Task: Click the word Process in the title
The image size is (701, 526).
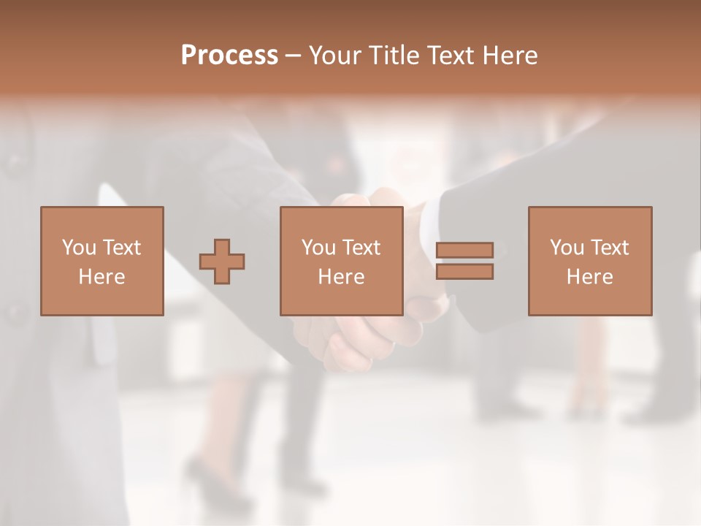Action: [229, 56]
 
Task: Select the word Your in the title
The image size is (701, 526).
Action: [335, 56]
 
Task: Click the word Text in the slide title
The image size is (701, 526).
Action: [452, 56]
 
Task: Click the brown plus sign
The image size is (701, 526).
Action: [222, 261]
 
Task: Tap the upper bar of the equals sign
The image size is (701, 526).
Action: [464, 250]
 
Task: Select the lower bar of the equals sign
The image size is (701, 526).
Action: [464, 272]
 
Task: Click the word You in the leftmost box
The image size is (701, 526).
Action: [79, 248]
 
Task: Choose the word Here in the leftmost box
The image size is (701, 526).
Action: [101, 277]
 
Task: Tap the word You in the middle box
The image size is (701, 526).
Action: [318, 248]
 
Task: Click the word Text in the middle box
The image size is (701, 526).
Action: [361, 248]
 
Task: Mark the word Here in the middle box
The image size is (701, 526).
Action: [341, 277]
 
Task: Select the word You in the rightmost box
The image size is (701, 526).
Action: [567, 248]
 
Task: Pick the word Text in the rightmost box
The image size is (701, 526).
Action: [609, 248]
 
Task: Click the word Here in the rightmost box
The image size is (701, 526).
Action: [589, 277]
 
